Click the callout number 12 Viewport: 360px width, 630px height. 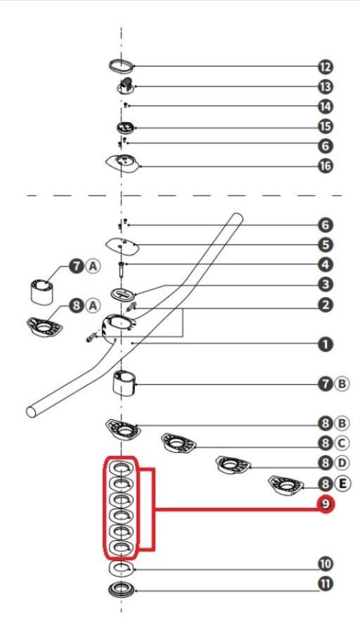click(325, 67)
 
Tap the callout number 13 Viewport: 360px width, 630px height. click(325, 86)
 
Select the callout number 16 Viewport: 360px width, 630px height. click(325, 166)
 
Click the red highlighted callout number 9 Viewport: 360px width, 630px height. click(325, 505)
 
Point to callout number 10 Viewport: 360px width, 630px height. click(325, 564)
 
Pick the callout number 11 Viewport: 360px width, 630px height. click(325, 583)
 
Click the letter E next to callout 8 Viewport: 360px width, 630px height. click(342, 483)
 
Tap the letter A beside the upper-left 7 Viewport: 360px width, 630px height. click(93, 266)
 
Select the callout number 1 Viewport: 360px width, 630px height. click(325, 344)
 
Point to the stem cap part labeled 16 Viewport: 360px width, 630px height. click(123, 164)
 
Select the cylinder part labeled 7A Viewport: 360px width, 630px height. click(42, 292)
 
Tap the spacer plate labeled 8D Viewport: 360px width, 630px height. click(233, 465)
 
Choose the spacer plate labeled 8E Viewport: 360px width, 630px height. click(286, 485)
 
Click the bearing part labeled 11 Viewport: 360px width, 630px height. click(121, 589)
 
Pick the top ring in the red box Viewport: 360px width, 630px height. click(121, 469)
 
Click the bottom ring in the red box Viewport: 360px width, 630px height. click(121, 547)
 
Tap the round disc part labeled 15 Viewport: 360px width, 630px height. click(124, 127)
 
